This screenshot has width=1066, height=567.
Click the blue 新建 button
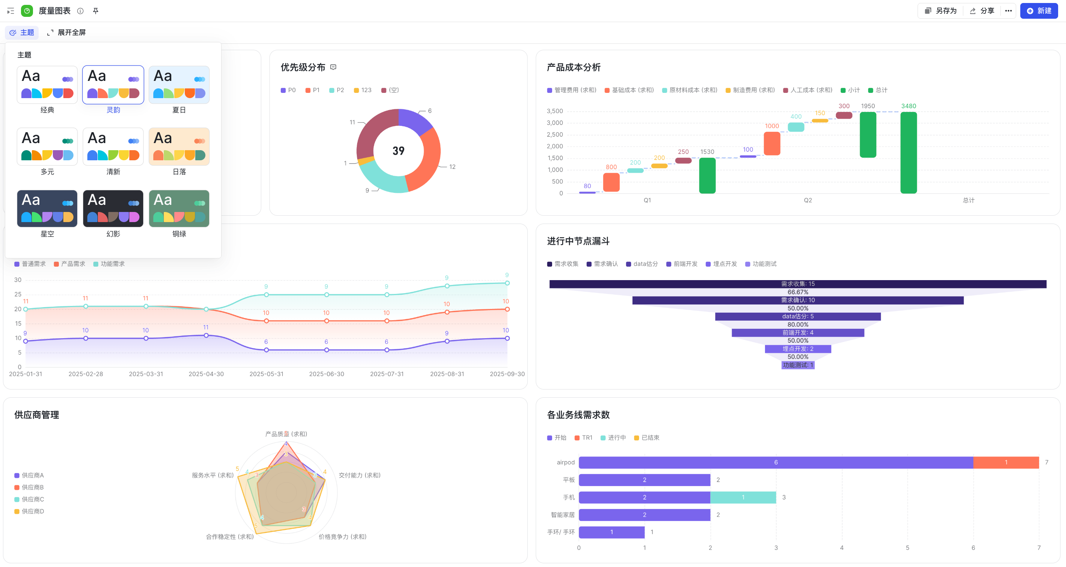tap(1039, 11)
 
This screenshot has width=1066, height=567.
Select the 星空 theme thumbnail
tap(47, 209)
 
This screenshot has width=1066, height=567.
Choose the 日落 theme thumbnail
tap(179, 146)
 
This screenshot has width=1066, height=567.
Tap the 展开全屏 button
tap(67, 32)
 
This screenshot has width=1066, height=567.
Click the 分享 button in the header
tap(982, 11)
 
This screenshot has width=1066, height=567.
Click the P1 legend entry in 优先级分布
tap(313, 90)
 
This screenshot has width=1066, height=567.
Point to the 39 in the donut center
tap(398, 151)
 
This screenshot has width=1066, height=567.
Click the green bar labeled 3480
tap(908, 152)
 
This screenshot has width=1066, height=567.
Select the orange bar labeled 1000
tap(772, 143)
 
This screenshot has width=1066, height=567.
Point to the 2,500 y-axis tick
tap(554, 134)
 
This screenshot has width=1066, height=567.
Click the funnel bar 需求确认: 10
tap(798, 300)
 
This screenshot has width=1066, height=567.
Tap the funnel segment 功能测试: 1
tap(798, 365)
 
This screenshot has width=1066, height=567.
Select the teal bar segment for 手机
tap(743, 497)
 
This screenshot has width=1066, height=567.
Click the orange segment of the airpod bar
tap(1006, 463)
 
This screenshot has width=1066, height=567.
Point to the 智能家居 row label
tap(562, 515)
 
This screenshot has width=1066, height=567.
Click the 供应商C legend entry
tap(29, 499)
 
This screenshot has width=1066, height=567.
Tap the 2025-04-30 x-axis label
tap(206, 374)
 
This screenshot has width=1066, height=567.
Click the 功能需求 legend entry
tap(109, 264)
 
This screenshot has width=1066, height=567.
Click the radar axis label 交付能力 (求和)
tap(359, 475)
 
